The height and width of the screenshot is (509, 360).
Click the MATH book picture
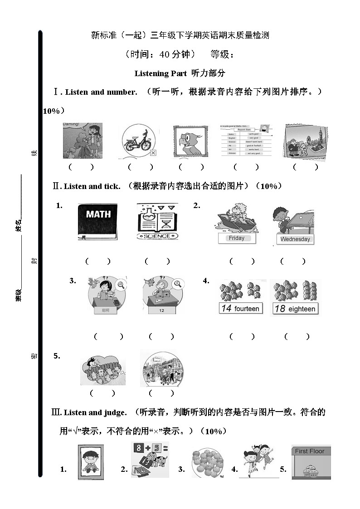pos(97,222)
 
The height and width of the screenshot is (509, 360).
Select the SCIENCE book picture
pos(157,222)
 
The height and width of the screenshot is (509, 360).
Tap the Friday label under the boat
pos(236,238)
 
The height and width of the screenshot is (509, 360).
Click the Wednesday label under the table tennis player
pos(295,239)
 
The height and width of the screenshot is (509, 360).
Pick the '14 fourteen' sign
pos(240,309)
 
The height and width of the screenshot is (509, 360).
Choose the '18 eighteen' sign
pos(295,309)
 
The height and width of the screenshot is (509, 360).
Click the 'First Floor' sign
pos(311,451)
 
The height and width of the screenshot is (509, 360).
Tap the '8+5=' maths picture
pos(150,459)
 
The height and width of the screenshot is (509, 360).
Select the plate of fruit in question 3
pos(207,463)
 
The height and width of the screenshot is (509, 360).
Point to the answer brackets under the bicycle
pos(135,167)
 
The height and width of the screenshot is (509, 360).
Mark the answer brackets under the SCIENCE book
pos(157,261)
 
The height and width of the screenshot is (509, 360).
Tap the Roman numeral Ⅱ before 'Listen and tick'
pos(57,186)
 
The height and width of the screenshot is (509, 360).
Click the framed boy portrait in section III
pos(91,462)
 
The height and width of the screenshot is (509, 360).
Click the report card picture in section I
pos(247,141)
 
